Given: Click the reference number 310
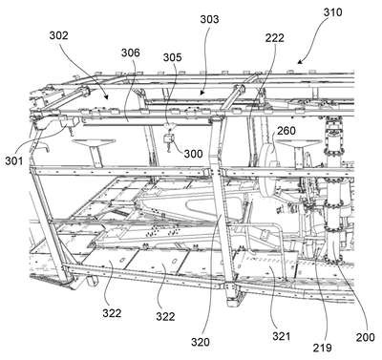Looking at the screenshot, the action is [x=332, y=12].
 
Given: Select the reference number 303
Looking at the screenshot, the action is [x=209, y=19].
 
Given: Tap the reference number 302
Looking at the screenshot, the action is [x=58, y=35].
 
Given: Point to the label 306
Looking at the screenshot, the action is [x=131, y=53].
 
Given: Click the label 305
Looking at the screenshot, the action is [x=172, y=57].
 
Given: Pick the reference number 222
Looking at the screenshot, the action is [x=274, y=38].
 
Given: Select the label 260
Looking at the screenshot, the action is [x=286, y=131].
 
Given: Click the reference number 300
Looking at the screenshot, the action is [x=193, y=154].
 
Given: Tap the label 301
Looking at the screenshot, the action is [x=14, y=160].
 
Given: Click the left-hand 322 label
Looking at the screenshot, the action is [x=112, y=313].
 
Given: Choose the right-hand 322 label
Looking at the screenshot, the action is [x=165, y=316].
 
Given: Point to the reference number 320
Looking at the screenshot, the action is [x=201, y=342].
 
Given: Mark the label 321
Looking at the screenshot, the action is [x=281, y=336].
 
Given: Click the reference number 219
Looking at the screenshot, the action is [x=322, y=348].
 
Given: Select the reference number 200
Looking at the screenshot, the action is [x=365, y=337].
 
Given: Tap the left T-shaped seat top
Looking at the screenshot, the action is [x=93, y=142].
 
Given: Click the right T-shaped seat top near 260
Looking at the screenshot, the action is [x=298, y=142].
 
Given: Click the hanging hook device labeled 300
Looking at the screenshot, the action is [x=168, y=138].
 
